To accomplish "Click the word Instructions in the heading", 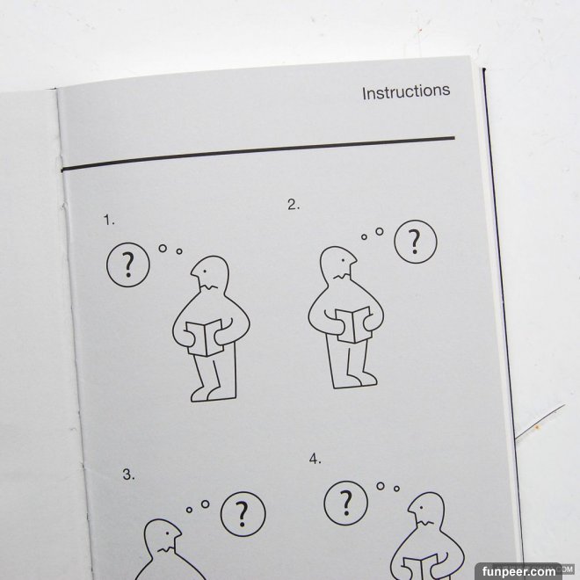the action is tap(406, 91).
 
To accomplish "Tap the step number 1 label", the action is tap(109, 220).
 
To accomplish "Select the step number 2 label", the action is tap(294, 205).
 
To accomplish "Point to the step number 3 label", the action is tap(128, 475).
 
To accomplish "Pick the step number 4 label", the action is tap(315, 459).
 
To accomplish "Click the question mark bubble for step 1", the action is tap(128, 265).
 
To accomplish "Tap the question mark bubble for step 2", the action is tap(416, 242).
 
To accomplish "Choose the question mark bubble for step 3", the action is tap(243, 514).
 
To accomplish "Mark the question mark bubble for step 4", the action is tap(346, 503).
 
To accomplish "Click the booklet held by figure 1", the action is tap(205, 337).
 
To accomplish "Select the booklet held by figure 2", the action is tap(353, 325).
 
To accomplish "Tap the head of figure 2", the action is tap(338, 263).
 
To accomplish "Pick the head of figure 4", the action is tap(426, 510).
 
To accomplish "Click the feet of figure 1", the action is tap(213, 394).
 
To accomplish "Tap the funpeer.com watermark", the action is tap(518, 571).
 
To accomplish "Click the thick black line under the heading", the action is tap(257, 154).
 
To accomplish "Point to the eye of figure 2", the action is tap(344, 260).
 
